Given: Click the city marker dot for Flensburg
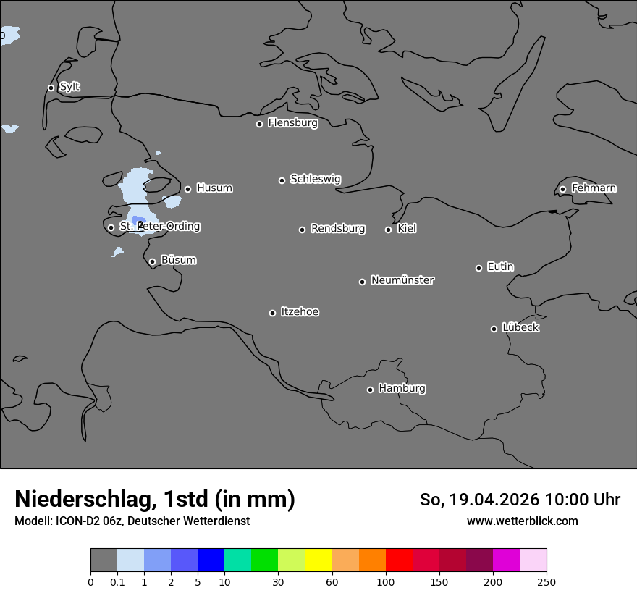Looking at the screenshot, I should click(259, 124).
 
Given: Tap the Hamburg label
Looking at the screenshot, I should click(402, 388).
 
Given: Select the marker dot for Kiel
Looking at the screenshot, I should click(388, 230).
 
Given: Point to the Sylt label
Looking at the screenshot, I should click(69, 87).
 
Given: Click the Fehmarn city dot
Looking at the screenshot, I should click(562, 189).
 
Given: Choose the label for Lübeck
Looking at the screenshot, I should click(520, 327).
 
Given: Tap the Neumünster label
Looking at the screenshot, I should click(402, 280).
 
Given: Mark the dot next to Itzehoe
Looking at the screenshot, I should click(272, 313).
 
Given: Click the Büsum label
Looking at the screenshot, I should click(178, 260).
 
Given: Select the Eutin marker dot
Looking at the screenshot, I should click(478, 268).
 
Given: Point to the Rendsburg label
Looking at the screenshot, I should click(338, 229).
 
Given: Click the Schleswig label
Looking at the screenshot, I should click(316, 179).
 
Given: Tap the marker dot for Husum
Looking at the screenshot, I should click(187, 189).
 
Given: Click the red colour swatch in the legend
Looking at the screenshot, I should click(399, 560).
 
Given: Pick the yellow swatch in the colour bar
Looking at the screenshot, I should click(318, 560).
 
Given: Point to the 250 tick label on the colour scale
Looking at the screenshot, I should click(547, 581).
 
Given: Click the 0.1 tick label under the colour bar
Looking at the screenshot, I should click(117, 581).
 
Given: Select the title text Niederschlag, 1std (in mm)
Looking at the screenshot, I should click(155, 499).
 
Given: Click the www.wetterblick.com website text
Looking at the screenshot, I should click(523, 521).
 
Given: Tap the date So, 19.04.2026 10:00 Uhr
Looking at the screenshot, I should click(520, 500).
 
